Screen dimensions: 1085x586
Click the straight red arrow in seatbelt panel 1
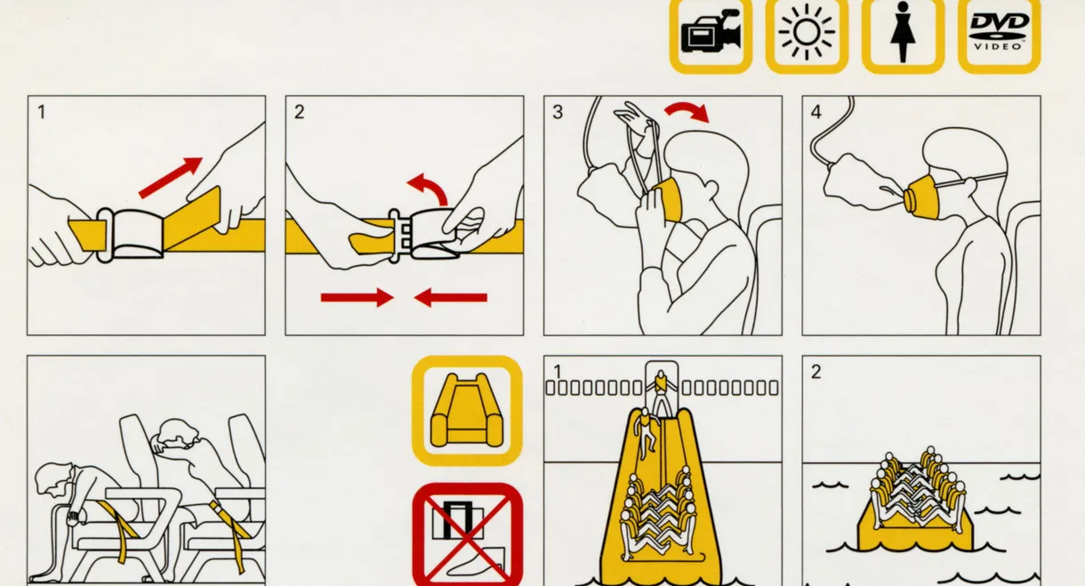171,177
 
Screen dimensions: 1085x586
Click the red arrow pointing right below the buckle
357,297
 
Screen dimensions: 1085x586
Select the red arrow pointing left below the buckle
451,297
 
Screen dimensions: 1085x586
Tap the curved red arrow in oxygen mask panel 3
687,111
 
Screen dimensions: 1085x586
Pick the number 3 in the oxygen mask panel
558,112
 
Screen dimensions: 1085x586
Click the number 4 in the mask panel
816,112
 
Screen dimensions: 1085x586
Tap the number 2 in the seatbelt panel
300,112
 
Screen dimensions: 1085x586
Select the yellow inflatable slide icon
467,411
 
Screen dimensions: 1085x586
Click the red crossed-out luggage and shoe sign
468,534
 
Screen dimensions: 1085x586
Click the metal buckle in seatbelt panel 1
130,235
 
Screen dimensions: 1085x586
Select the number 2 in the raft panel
816,372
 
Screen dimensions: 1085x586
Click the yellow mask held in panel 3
669,199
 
